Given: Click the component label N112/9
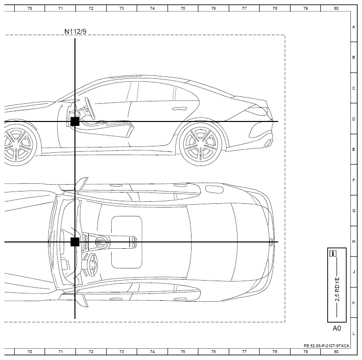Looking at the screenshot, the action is pyautogui.click(x=75, y=31).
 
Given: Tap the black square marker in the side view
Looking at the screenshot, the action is pyautogui.click(x=75, y=121).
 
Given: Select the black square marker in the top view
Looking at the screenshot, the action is pyautogui.click(x=75, y=242).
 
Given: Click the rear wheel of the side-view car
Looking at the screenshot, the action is pyautogui.click(x=200, y=144).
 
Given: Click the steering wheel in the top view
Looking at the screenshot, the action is pyautogui.click(x=92, y=264).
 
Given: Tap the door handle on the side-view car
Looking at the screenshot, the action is pyautogui.click(x=179, y=108).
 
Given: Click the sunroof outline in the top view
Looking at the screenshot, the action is pyautogui.click(x=127, y=242).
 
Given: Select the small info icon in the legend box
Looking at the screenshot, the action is pyautogui.click(x=333, y=253).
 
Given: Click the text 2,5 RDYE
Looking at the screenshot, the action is pyautogui.click(x=337, y=289).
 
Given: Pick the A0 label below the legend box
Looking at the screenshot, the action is pyautogui.click(x=337, y=328).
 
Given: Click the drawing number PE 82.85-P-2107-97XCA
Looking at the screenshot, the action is pyautogui.click(x=326, y=346).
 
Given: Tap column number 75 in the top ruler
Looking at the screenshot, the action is pyautogui.click(x=183, y=8).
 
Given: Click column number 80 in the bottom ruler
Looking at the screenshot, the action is pyautogui.click(x=336, y=352).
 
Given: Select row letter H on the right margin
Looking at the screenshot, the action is pyautogui.click(x=354, y=241).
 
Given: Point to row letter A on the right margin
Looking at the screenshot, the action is pyautogui.click(x=354, y=27).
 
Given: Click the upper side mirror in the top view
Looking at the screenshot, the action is pyautogui.click(x=81, y=183).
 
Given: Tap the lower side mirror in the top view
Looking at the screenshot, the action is pyautogui.click(x=81, y=300).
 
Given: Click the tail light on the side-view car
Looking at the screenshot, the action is pyautogui.click(x=256, y=110).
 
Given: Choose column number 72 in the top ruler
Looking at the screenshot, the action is pyautogui.click(x=91, y=8).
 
